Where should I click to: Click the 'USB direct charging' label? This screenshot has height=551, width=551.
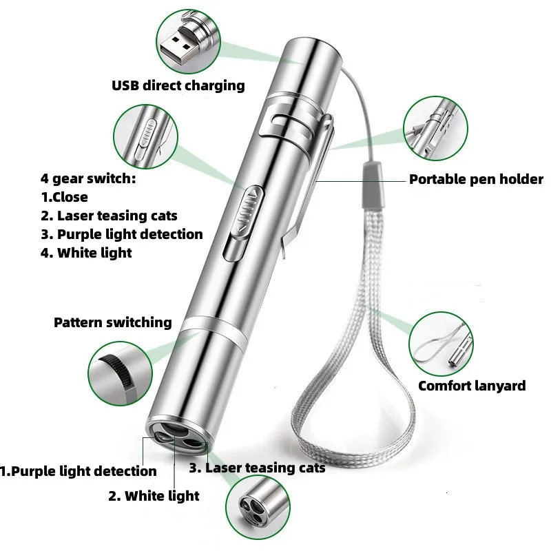click(x=178, y=85)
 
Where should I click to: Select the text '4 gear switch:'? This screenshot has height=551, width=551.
click(x=88, y=179)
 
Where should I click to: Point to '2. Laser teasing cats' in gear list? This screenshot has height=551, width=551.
click(x=109, y=216)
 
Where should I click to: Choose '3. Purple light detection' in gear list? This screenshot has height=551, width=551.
click(x=121, y=234)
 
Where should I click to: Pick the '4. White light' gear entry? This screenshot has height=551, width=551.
click(x=85, y=253)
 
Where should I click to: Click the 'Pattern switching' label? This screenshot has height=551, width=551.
click(x=113, y=322)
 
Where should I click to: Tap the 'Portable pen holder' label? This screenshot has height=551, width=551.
click(x=476, y=180)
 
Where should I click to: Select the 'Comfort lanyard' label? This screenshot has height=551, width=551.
click(x=472, y=386)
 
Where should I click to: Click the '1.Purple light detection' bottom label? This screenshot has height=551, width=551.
click(x=79, y=471)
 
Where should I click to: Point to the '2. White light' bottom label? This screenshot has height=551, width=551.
click(x=154, y=495)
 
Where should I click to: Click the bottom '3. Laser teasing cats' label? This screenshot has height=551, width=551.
click(x=257, y=468)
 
